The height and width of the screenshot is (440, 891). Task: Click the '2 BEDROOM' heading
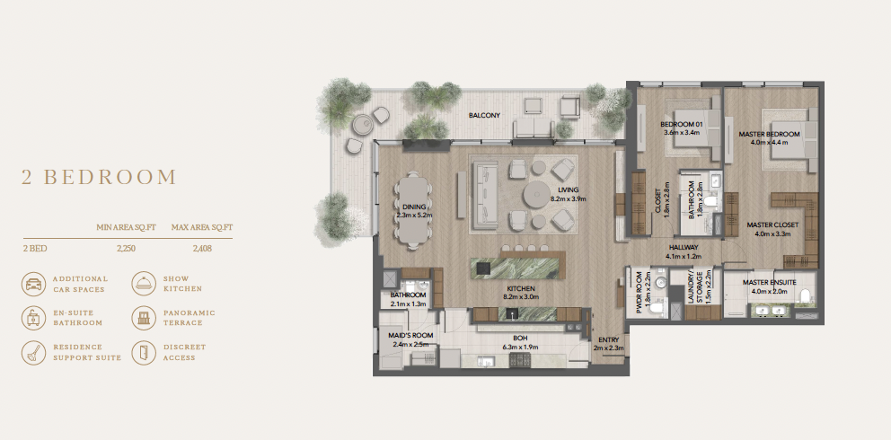[x=99, y=177]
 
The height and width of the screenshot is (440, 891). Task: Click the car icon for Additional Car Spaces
[x=33, y=284]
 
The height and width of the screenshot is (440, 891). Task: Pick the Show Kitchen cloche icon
[x=142, y=284]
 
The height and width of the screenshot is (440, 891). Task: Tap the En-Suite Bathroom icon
[x=33, y=317]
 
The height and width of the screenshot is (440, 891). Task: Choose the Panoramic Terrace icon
[x=142, y=317]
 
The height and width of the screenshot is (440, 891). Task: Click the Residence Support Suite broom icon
[x=33, y=351]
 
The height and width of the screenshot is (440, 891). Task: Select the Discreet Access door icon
[x=142, y=351]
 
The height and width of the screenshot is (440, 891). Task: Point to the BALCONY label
[x=484, y=116]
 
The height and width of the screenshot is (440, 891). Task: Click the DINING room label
[x=413, y=207]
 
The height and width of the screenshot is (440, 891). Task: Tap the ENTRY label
[x=608, y=339]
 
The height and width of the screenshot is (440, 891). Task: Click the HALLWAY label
[x=683, y=247]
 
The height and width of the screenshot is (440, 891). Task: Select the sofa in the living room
[x=485, y=191]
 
